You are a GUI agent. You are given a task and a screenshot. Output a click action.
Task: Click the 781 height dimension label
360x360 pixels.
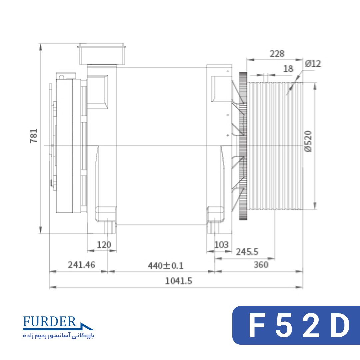click(x=34, y=136)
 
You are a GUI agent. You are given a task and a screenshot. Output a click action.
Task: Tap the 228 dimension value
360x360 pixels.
click(x=277, y=54)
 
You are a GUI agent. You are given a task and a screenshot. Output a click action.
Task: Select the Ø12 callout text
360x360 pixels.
click(x=313, y=64)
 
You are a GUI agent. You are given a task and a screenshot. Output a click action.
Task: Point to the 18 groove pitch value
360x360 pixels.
click(x=288, y=69)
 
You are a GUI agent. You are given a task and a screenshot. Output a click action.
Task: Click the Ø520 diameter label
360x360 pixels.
click(x=308, y=141)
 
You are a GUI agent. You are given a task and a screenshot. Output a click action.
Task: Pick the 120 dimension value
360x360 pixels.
click(x=104, y=245)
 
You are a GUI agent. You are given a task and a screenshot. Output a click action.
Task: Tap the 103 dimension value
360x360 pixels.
click(x=221, y=245)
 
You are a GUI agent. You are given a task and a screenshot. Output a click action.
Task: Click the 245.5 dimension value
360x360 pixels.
click(x=247, y=252)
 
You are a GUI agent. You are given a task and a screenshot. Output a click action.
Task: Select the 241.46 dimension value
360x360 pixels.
click(x=81, y=265)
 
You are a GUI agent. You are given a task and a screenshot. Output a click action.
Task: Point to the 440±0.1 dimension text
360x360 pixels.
click(x=166, y=266)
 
